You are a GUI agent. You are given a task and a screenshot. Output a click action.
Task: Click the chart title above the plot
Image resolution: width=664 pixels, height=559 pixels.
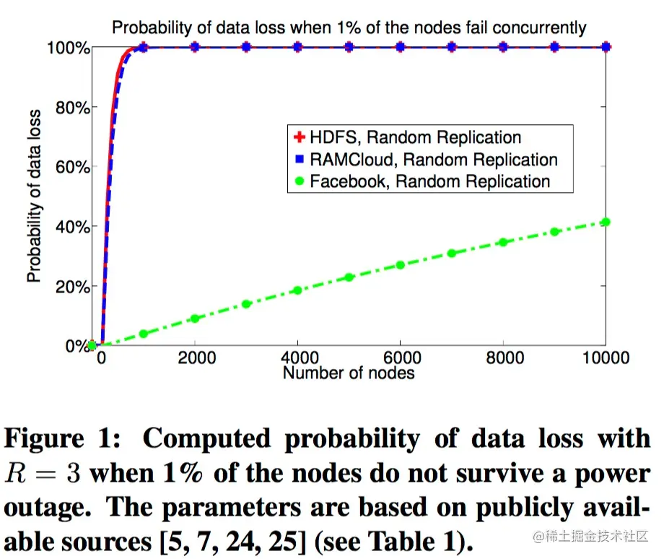click(349, 28)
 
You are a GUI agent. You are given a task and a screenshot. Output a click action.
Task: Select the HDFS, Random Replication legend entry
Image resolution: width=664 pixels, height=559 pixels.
click(414, 137)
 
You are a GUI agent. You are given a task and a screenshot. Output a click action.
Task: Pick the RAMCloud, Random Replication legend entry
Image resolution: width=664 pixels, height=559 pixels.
click(432, 159)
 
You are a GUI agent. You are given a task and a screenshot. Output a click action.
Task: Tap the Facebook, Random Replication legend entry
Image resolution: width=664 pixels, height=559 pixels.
click(429, 181)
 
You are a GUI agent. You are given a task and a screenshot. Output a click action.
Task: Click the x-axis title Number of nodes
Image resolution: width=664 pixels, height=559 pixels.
click(349, 373)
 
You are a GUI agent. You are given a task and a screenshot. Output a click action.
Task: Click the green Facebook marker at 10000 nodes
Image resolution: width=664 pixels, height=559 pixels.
click(606, 222)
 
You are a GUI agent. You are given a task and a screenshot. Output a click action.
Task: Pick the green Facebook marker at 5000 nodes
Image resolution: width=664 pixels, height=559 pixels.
click(349, 277)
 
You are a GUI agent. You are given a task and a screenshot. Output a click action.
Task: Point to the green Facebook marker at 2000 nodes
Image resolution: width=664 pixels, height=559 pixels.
click(195, 318)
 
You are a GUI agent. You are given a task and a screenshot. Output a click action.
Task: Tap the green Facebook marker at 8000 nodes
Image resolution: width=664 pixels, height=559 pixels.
click(503, 243)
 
